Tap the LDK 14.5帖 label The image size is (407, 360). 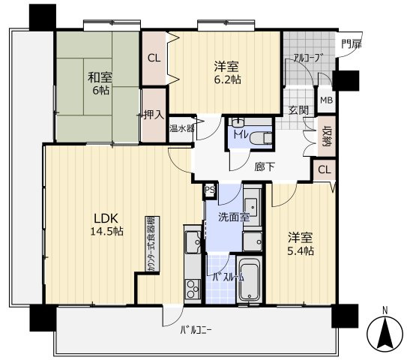click(x=106, y=224)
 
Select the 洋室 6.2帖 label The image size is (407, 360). click(x=226, y=73)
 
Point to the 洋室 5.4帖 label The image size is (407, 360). click(x=301, y=244)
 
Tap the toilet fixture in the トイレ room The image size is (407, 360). click(x=262, y=137)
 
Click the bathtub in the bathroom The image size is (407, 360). click(x=249, y=279)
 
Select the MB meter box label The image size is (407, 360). click(x=326, y=100)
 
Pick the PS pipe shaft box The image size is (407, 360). click(x=210, y=190)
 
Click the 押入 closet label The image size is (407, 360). click(x=154, y=115)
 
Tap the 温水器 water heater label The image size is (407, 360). click(x=182, y=128)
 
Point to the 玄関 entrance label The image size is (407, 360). click(x=298, y=111)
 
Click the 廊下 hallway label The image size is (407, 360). click(x=265, y=167)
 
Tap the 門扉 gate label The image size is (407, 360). click(x=352, y=44)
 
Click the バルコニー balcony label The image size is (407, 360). click(x=196, y=331)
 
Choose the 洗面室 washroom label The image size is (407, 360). click(x=234, y=217)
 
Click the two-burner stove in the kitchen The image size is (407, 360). click(x=193, y=289)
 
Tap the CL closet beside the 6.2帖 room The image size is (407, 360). click(x=154, y=58)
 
